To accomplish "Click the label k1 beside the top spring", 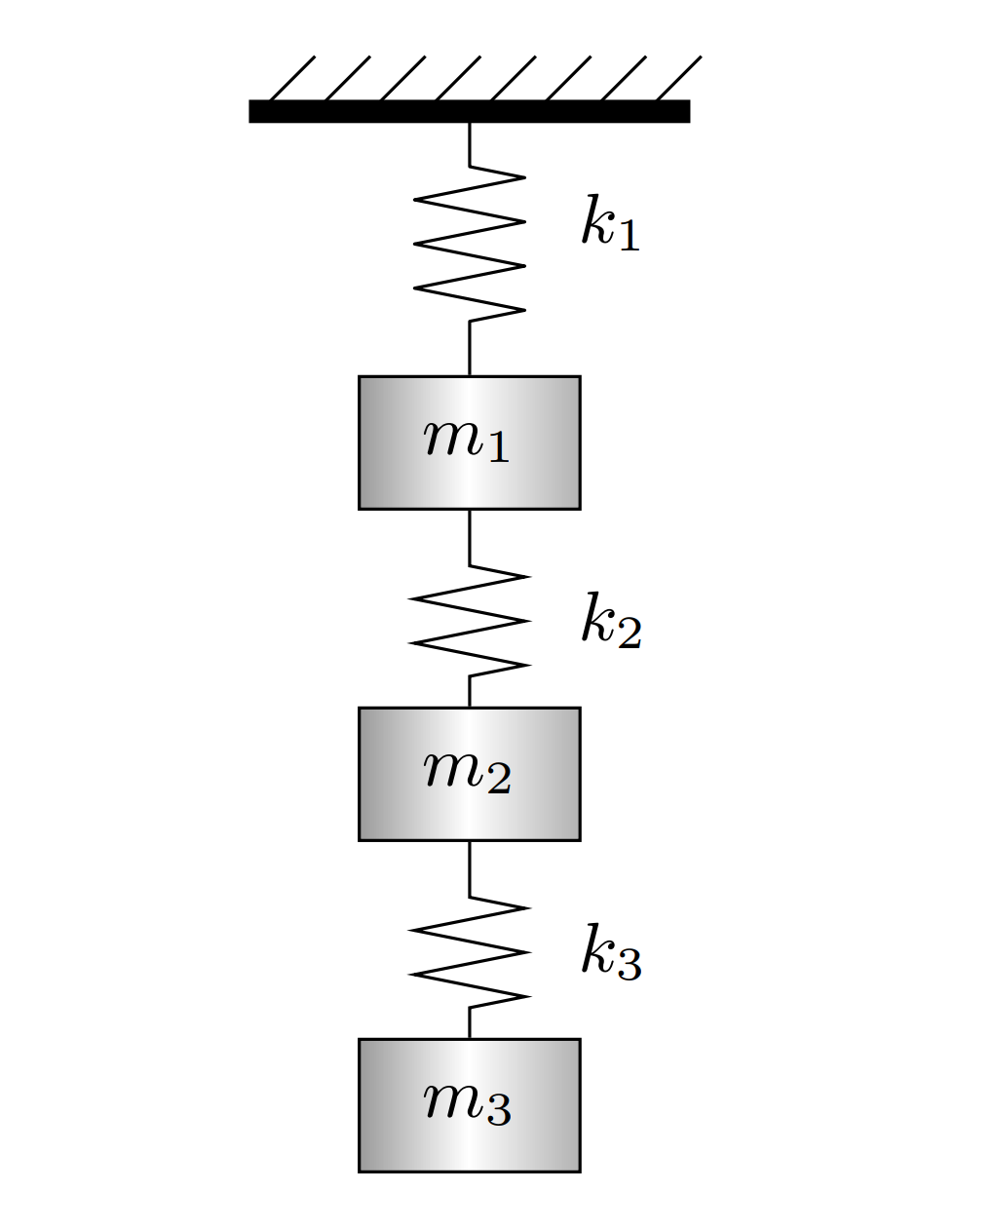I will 610,224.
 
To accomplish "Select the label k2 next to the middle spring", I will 611,620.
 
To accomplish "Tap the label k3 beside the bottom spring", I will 611,951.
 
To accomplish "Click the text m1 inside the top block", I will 467,440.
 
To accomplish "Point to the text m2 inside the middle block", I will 467,771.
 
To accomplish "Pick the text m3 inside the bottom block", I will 467,1102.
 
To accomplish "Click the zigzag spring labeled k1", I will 470,244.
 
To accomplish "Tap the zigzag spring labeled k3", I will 470,952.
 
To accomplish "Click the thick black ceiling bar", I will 469,111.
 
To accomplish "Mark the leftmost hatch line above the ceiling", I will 291,78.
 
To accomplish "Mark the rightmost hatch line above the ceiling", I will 678,78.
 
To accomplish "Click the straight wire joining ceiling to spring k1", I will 470,144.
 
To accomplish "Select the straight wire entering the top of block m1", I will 470,348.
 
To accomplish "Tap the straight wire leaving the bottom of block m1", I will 470,536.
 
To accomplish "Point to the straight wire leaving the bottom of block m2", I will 470,867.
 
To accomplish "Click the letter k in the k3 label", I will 596,948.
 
